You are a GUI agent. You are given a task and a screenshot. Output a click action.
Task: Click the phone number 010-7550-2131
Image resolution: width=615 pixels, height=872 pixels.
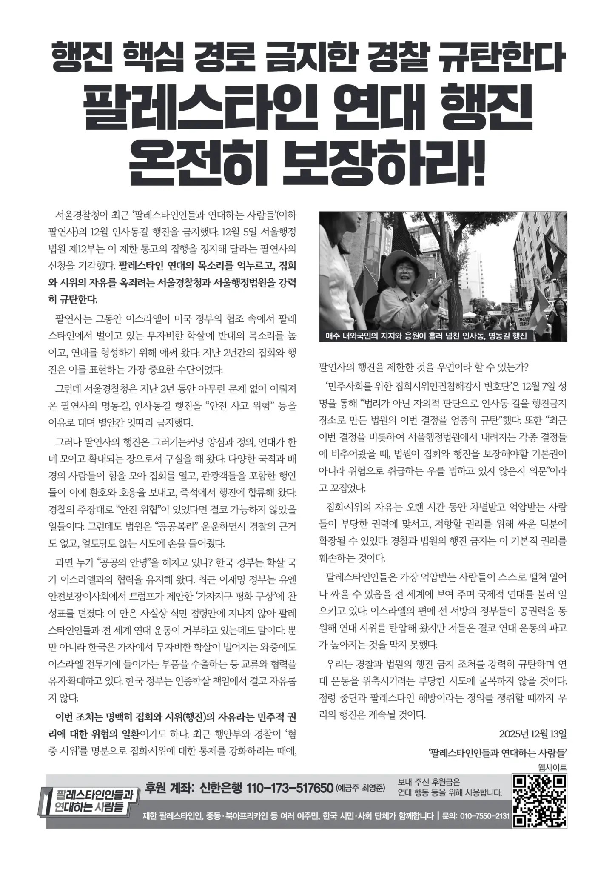(484, 815)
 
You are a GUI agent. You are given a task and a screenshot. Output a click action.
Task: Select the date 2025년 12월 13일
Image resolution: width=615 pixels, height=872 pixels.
(532, 734)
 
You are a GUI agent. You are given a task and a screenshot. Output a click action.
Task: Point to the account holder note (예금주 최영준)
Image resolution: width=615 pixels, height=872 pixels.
(360, 788)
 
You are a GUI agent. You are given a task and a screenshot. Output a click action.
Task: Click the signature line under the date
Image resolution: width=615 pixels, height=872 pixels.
(498, 753)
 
